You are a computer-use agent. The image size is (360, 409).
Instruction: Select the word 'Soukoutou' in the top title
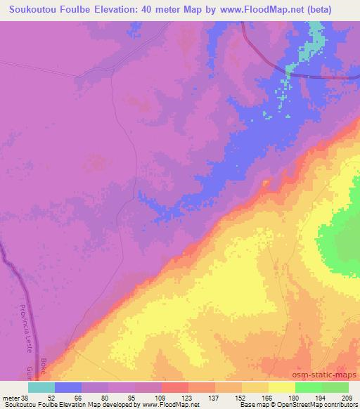31,9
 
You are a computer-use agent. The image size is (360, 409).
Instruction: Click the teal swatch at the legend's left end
41,387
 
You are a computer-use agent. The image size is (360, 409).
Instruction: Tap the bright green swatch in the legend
309,387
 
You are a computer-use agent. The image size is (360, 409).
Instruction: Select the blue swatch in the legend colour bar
68,387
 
